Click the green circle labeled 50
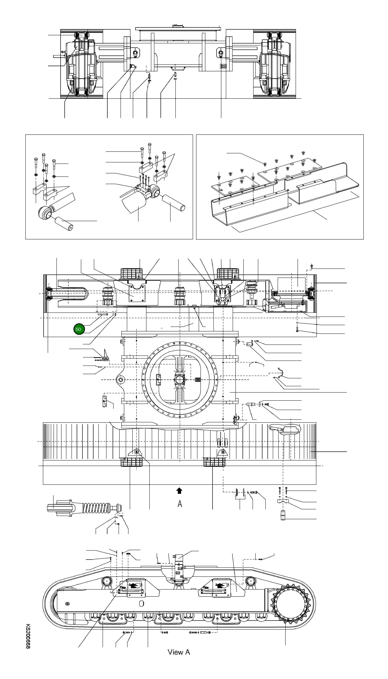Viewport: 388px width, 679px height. point(78,329)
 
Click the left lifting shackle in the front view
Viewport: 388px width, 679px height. point(135,53)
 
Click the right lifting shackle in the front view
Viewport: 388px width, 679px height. point(221,53)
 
